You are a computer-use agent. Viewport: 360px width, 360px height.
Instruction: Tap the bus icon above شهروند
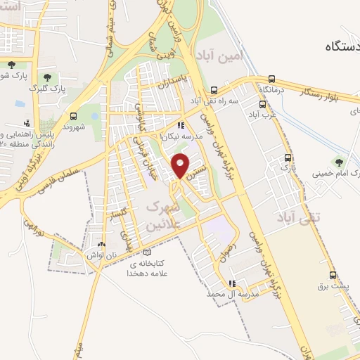(74, 116)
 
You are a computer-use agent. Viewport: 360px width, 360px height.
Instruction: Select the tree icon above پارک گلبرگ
(47, 77)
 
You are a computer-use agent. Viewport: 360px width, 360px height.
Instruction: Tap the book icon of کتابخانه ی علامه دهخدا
(146, 251)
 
